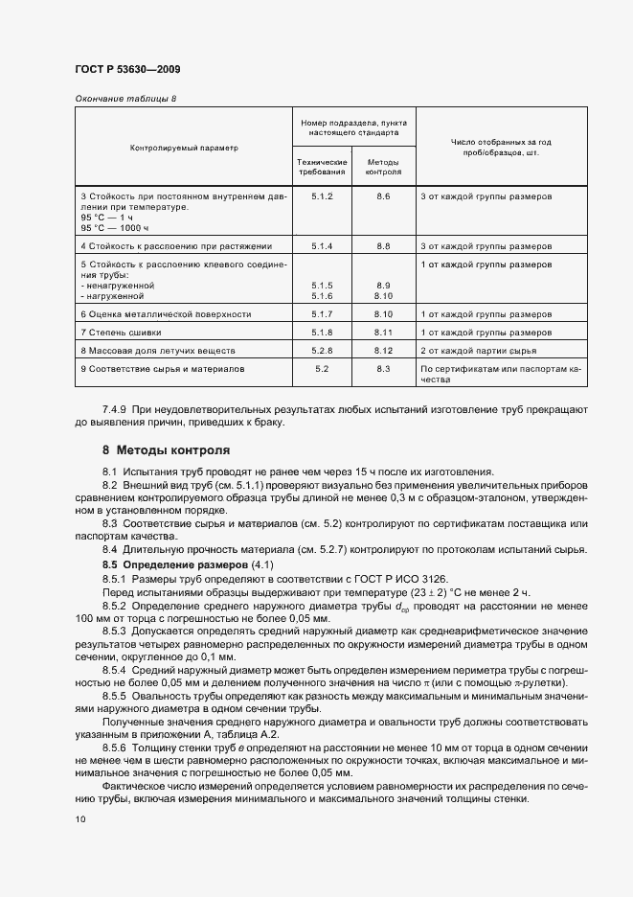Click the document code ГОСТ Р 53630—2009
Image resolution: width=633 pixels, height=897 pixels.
126,70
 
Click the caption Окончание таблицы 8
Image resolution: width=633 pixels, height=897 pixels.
125,99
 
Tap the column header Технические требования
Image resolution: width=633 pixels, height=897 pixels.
322,168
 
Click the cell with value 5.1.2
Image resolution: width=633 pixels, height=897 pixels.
322,195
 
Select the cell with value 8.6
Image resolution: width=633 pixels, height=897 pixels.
384,195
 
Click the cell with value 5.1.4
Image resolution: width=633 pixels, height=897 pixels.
322,246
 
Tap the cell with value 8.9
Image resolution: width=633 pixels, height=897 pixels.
384,286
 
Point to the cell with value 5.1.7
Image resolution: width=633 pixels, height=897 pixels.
322,313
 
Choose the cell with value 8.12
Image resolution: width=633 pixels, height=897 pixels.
384,350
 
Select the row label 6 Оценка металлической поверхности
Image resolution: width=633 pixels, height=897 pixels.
166,313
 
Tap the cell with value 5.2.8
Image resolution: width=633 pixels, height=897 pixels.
322,350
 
